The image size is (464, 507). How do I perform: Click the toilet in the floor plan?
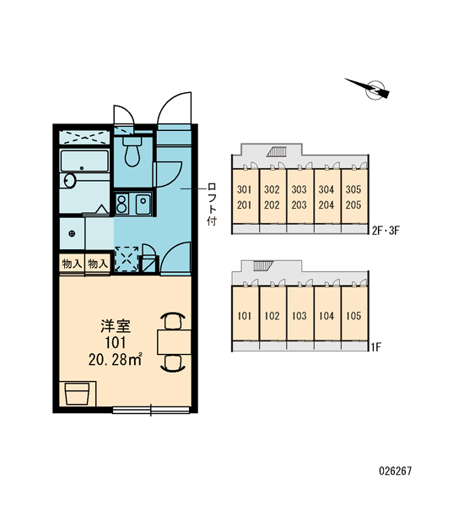tap(132, 150)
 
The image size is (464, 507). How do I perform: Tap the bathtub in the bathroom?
tap(84, 161)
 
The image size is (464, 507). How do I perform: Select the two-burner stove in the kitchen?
tap(121, 204)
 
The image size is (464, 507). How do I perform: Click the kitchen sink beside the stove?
tap(143, 204)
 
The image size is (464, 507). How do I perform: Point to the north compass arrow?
tap(368, 87)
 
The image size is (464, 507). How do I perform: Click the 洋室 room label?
tap(116, 326)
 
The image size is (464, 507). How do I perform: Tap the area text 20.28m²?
tap(116, 359)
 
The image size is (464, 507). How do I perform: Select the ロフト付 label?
tap(212, 204)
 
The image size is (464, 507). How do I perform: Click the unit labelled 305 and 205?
tap(353, 196)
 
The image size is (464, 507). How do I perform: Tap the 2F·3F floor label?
tap(386, 231)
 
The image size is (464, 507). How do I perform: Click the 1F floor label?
tap(376, 347)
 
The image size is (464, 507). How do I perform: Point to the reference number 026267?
tap(396, 471)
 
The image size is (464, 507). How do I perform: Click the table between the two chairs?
tap(175, 341)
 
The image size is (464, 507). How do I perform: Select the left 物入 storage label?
tap(72, 264)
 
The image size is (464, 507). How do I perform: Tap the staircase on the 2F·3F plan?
tap(277, 151)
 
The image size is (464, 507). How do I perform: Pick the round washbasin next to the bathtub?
tap(69, 181)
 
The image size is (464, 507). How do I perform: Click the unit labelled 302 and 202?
tap(272, 196)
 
